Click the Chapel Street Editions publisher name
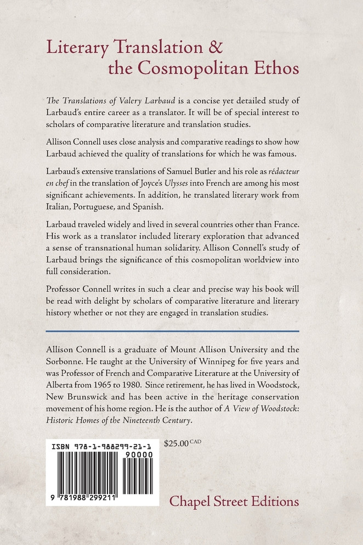[234, 501]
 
